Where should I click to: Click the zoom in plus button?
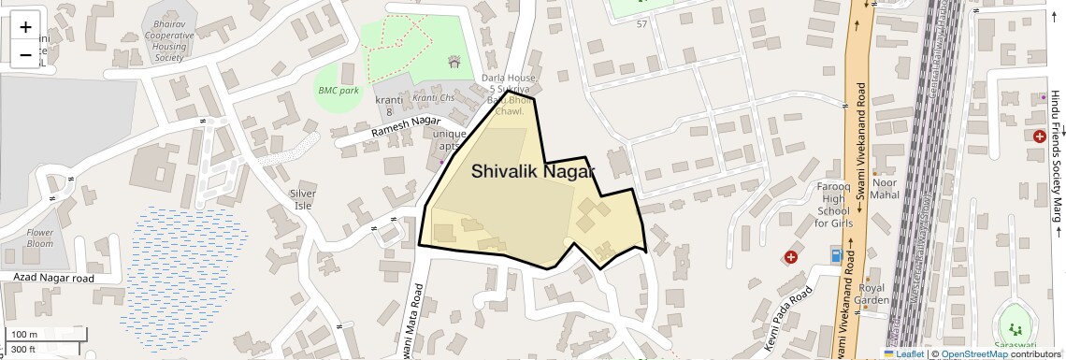tap(25, 27)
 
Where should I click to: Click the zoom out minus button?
tap(25, 55)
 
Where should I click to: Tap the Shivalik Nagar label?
tap(533, 171)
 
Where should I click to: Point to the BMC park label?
tap(339, 91)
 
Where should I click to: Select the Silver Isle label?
tap(303, 198)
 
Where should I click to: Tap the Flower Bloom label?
tap(40, 238)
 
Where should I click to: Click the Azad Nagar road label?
tap(54, 279)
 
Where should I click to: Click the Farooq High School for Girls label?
tap(833, 205)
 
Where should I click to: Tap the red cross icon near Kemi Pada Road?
tap(791, 256)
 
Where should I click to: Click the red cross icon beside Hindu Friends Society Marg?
tap(1039, 137)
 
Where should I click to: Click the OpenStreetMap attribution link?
tap(973, 354)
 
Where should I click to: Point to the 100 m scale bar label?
tap(23, 335)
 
